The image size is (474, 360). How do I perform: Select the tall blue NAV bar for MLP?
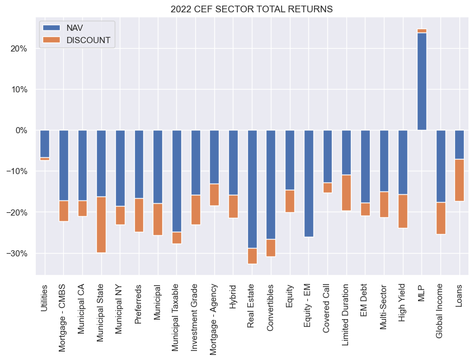pos(421,81)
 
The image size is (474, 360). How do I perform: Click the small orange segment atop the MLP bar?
pos(421,31)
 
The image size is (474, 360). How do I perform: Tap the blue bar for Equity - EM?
pos(308,183)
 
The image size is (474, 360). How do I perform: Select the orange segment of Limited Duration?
pos(346,193)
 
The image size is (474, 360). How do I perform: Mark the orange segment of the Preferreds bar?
pos(139,215)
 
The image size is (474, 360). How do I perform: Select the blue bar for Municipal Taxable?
pos(176,180)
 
